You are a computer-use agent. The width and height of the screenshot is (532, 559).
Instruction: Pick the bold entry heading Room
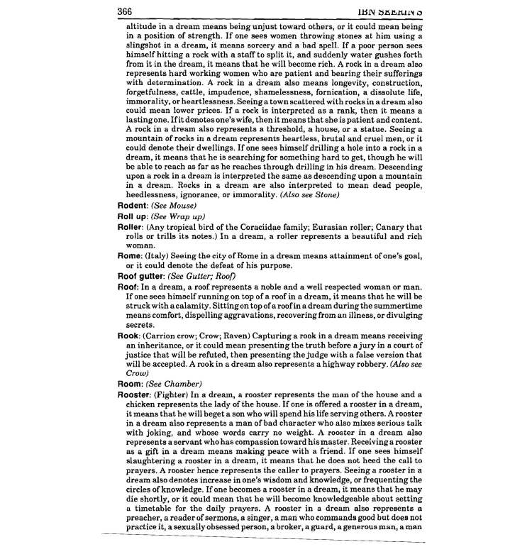pyautogui.click(x=130, y=383)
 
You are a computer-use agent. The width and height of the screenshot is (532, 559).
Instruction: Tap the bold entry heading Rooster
pyautogui.click(x=135, y=394)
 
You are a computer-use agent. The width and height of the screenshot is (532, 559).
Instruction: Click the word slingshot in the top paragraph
pyautogui.click(x=144, y=45)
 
